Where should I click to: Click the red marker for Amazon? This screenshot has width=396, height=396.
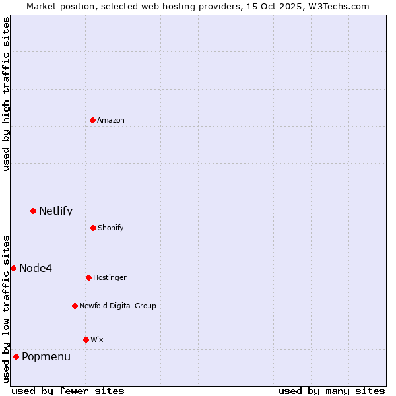(92, 120)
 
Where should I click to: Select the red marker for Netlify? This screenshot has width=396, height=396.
(33, 211)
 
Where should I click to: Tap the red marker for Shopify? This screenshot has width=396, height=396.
(93, 228)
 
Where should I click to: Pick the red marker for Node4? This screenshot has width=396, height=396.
(13, 268)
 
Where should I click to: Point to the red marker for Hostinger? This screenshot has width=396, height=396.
(88, 277)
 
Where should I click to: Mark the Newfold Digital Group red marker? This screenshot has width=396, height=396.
(75, 306)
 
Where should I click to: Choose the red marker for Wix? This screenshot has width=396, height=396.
(86, 339)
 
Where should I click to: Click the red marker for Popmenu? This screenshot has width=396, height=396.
(16, 356)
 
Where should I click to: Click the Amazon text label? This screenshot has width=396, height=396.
(111, 120)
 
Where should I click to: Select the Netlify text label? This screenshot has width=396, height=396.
(55, 211)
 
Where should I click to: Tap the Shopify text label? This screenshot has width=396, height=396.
(111, 228)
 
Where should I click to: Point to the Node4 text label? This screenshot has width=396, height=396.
(36, 268)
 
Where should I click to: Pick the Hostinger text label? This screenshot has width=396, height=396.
(110, 277)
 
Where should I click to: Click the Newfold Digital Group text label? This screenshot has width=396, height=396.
(117, 306)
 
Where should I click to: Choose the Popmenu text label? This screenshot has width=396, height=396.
(46, 357)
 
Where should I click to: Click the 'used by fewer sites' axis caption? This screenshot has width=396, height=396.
(68, 391)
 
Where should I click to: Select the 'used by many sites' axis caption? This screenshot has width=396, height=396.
(331, 391)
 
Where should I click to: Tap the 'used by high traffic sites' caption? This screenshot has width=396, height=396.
(7, 94)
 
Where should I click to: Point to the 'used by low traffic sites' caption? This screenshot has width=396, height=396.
(7, 308)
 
